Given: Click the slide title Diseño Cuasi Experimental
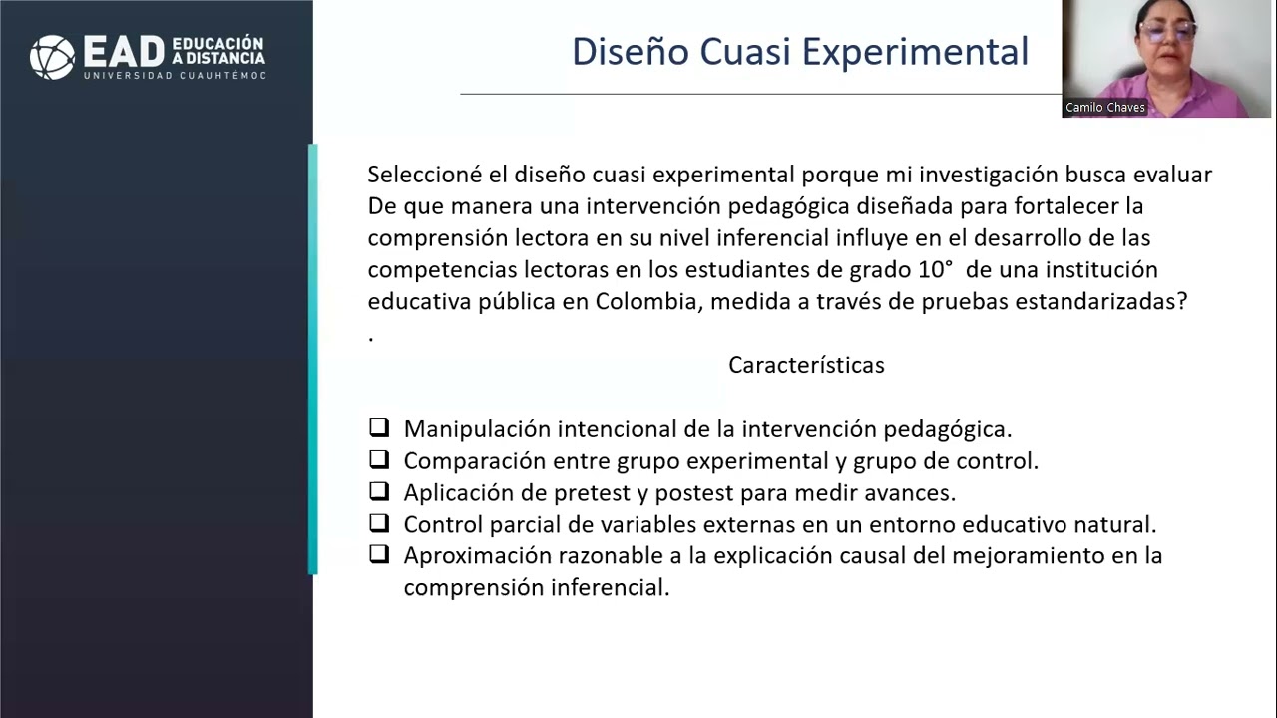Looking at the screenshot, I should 799,51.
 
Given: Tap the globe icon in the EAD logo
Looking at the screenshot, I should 52,56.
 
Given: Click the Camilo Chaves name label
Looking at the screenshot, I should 1105,108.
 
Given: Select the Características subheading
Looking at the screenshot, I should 806,365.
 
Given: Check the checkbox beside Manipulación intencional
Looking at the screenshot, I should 379,428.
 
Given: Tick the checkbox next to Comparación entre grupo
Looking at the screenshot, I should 379,460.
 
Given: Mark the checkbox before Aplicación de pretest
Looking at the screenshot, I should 379,491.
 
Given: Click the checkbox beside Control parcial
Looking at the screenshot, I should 379,523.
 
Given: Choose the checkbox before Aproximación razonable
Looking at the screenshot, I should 379,554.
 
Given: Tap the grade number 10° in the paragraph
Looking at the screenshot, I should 935,269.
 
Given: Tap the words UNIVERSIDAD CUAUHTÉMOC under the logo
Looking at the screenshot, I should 175,76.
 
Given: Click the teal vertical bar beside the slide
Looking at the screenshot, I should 313,359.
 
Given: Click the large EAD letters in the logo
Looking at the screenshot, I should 123,53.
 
